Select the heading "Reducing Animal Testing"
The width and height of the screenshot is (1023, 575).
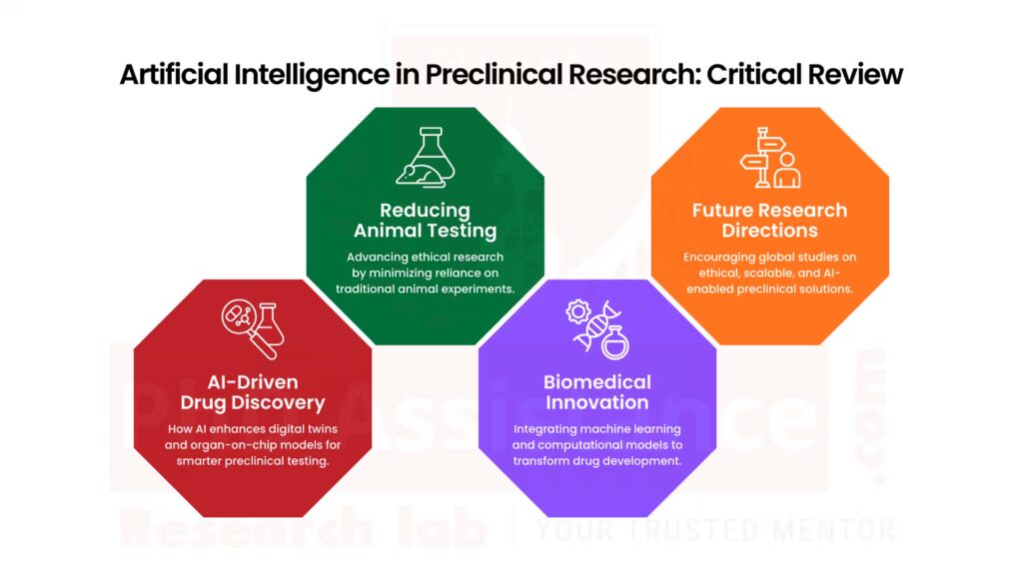click(426, 221)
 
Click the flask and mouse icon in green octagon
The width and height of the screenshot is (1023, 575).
click(426, 159)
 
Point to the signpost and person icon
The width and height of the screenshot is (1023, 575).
click(769, 160)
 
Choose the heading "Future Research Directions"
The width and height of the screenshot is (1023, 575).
click(769, 221)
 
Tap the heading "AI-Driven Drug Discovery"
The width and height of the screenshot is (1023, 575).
click(253, 392)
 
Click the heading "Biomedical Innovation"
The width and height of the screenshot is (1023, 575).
click(597, 392)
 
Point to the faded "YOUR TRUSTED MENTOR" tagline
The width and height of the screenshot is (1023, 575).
click(713, 529)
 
